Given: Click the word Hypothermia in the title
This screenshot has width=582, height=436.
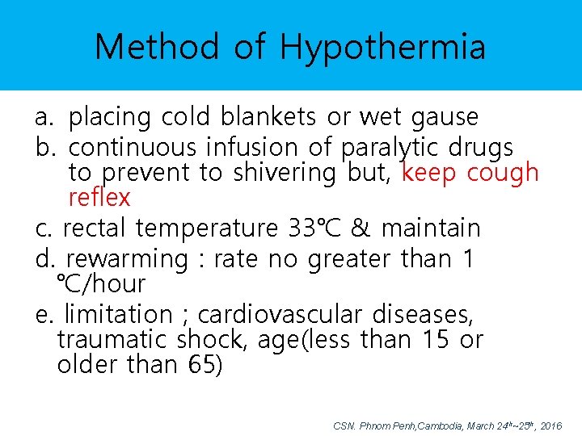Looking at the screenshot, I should pos(383,48).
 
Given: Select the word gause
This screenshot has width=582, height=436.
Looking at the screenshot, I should pos(445,118).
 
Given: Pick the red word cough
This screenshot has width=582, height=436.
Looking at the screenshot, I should pos(502,173).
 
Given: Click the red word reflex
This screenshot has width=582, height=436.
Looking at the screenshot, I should pos(99,197).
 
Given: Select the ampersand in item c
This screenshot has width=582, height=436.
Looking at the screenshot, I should pos(361,228).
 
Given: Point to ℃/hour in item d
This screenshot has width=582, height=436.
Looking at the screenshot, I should pos(101,284).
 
